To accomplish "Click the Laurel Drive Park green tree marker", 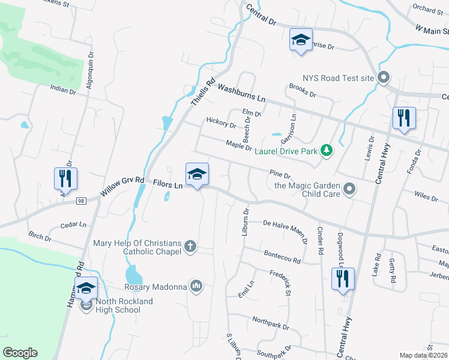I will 327,151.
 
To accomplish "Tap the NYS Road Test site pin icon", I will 385,78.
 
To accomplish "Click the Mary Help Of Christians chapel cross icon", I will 190,247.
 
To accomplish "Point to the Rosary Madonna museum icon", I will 196,287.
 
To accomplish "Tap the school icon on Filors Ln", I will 197,175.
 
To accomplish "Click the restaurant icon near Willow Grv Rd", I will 65,178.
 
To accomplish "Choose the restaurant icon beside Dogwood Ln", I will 343,279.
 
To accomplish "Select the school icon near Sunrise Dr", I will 300,40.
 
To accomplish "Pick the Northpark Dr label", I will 271,324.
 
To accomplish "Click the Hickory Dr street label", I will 221,124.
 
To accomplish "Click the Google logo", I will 20,353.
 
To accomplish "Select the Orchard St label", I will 427,9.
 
